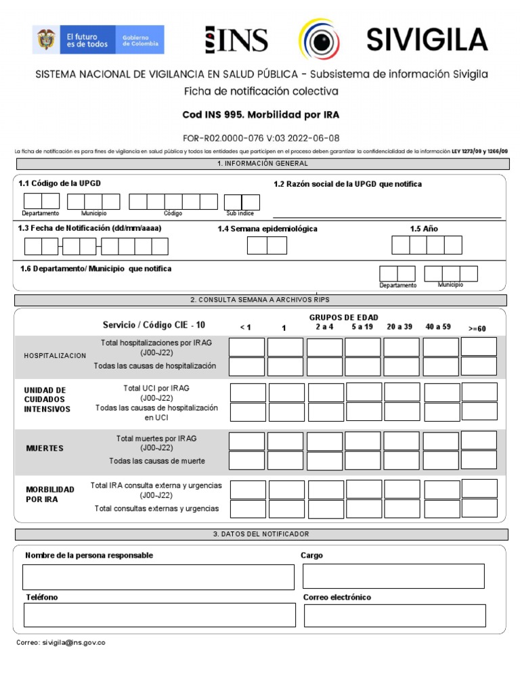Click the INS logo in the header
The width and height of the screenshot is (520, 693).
[x=236, y=40]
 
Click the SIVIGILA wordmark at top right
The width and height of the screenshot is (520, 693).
[x=427, y=40]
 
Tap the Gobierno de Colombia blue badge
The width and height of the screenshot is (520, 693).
[x=141, y=40]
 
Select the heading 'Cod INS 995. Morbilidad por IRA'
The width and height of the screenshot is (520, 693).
[x=260, y=115]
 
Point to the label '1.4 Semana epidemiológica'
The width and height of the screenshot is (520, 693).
[x=267, y=229]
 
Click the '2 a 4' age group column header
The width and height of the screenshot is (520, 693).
[x=324, y=327]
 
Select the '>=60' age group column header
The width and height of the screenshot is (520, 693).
[x=477, y=328]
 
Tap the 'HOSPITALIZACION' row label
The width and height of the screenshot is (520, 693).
[x=55, y=355]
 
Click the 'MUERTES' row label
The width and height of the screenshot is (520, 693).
[x=45, y=448]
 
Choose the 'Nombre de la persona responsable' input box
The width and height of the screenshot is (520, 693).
[x=158, y=577]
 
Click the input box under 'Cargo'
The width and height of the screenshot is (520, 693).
[x=393, y=576]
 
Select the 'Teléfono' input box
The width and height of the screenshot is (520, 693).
[x=159, y=615]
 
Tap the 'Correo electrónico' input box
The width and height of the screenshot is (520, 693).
[x=395, y=616]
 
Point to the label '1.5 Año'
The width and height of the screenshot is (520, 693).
[x=424, y=229]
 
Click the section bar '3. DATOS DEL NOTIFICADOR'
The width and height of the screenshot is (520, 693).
[x=261, y=535]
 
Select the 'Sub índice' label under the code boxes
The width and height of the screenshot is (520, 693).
[x=240, y=213]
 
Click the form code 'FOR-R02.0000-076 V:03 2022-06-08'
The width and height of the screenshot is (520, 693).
[x=261, y=137]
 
